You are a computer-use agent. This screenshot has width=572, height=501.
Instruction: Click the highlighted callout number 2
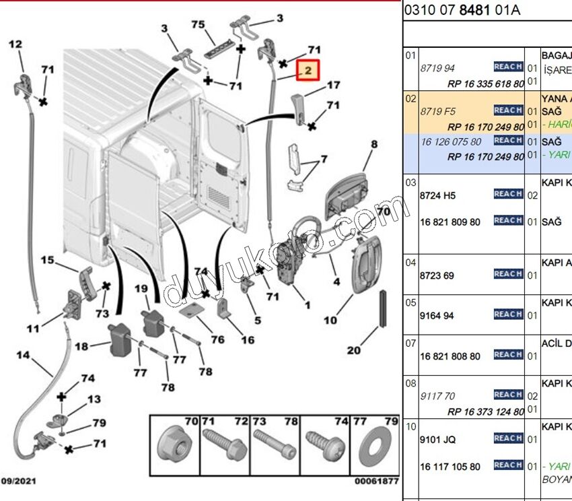[308, 70]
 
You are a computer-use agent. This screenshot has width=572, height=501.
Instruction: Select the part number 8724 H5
[438, 195]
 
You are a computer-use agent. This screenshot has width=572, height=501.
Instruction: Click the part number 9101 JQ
[437, 440]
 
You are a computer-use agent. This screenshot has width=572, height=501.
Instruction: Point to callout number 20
[354, 349]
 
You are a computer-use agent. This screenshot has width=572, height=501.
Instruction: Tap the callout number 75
[198, 25]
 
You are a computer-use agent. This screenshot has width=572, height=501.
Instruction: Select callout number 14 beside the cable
[23, 355]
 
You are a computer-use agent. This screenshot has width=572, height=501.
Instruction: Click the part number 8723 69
[437, 275]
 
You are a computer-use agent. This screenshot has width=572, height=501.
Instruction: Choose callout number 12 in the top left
[15, 44]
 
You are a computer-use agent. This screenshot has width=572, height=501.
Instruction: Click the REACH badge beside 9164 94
[508, 314]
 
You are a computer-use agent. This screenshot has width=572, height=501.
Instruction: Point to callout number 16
[248, 340]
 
